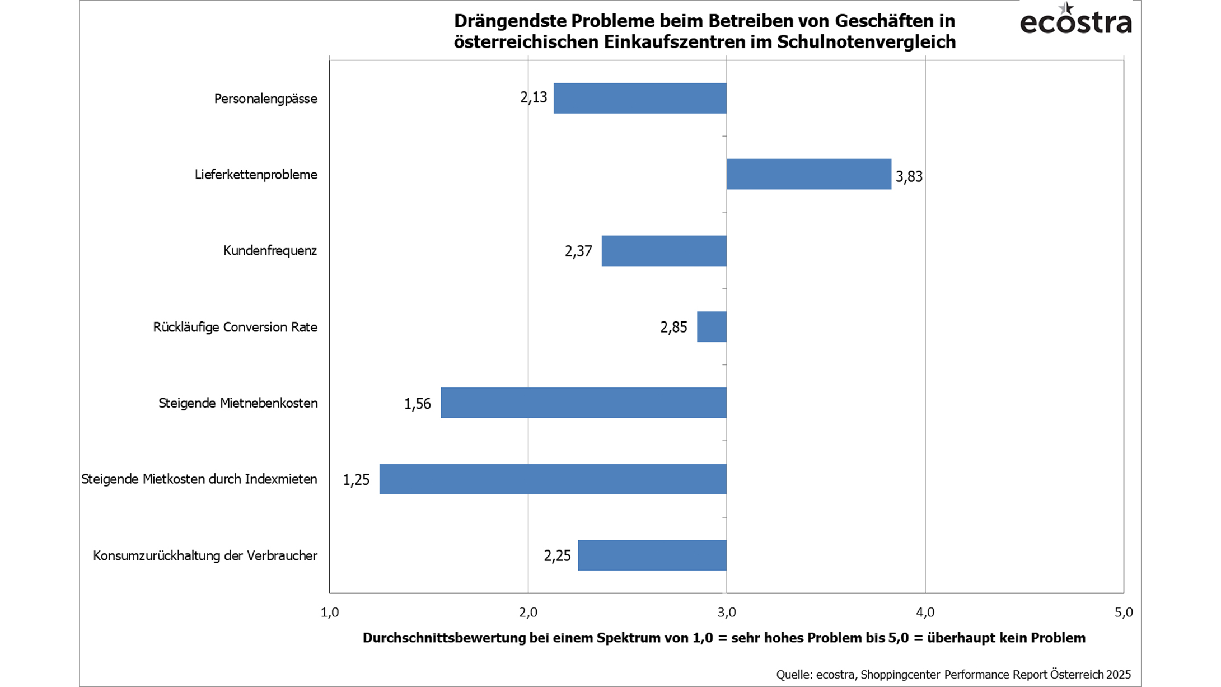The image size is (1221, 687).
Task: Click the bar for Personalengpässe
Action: point(640,98)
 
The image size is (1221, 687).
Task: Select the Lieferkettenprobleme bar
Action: point(809,174)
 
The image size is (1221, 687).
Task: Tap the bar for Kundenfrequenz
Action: point(664,250)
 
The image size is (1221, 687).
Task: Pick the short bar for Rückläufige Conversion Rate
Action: point(712,326)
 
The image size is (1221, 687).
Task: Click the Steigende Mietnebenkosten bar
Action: point(583,403)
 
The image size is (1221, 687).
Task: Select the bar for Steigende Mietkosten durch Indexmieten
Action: point(553,479)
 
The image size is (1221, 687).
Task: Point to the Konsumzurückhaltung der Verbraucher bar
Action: point(652,555)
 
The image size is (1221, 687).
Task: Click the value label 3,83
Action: point(909,177)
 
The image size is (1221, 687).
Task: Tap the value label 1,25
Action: point(356,480)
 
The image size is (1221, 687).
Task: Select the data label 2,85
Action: point(673,328)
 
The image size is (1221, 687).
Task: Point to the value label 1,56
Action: point(418,404)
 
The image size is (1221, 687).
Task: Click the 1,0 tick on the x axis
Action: point(330,613)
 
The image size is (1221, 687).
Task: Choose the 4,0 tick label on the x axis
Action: point(925,613)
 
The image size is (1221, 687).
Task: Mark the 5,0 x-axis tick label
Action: point(1123,613)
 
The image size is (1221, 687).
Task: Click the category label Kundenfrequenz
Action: point(270,250)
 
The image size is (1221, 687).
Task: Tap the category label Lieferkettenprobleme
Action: point(256,174)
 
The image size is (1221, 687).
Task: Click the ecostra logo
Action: point(1075,20)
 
